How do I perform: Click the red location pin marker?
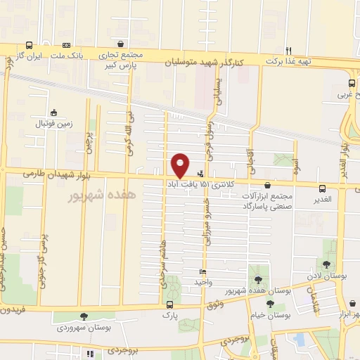click(181, 165)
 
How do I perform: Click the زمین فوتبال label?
click(55, 123)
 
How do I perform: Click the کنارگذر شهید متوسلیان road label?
click(206, 63)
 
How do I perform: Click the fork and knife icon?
click(289, 49)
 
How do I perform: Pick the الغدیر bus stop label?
click(323, 200)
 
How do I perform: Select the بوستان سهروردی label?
click(84, 328)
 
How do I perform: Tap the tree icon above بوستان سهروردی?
click(84, 316)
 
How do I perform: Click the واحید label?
click(202, 281)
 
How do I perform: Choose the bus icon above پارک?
click(170, 305)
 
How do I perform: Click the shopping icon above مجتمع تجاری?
click(123, 43)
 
